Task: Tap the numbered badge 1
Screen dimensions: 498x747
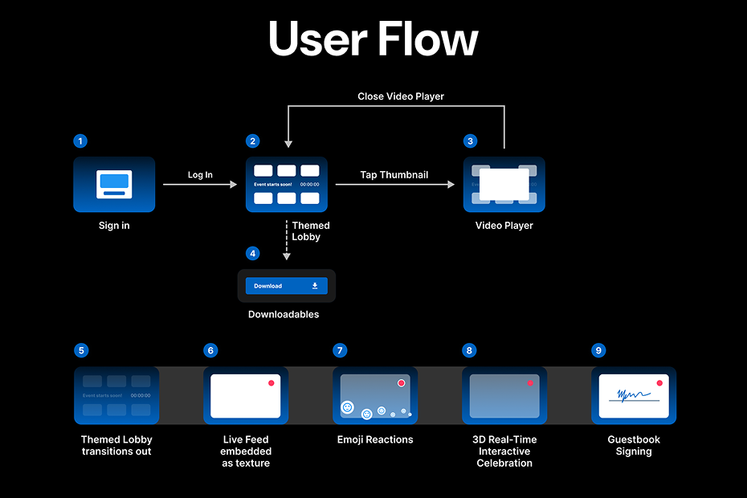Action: click(80, 141)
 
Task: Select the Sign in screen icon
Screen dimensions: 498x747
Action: click(113, 184)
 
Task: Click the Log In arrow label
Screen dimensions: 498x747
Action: click(200, 174)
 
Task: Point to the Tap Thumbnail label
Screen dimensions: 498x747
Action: click(394, 174)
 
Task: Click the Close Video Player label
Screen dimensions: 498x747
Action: click(401, 96)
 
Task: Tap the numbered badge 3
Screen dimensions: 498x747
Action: click(470, 141)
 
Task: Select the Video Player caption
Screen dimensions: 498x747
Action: click(504, 226)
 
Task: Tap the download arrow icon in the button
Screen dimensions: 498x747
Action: click(315, 286)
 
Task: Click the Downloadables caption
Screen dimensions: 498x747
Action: click(284, 314)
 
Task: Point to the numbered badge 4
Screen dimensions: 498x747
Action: click(253, 254)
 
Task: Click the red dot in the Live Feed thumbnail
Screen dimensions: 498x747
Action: click(271, 383)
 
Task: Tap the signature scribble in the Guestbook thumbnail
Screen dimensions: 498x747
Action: click(629, 395)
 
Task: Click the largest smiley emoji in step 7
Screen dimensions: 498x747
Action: click(347, 407)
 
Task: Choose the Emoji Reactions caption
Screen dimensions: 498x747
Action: click(375, 439)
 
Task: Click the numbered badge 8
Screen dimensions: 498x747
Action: click(470, 350)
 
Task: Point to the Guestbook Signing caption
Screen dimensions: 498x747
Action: click(634, 446)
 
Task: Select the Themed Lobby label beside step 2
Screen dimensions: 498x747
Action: click(311, 231)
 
